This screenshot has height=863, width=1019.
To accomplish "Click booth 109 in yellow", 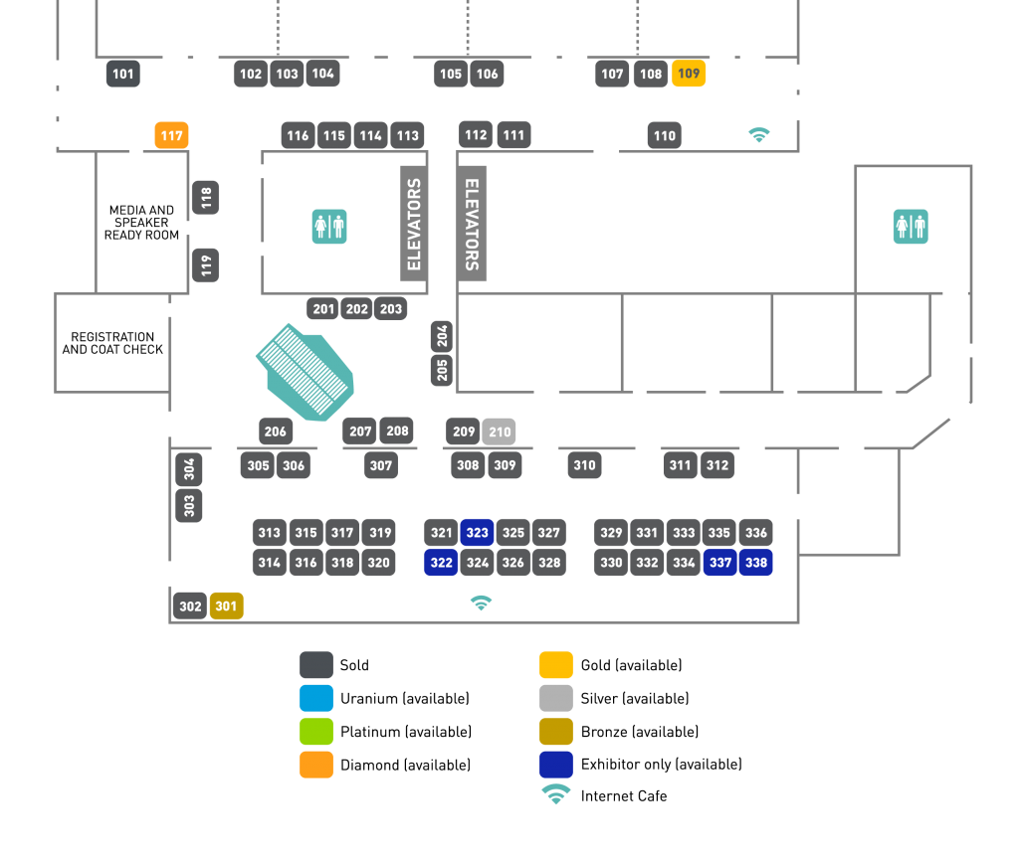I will coord(689,74).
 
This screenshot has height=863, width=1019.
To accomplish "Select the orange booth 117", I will coord(171,135).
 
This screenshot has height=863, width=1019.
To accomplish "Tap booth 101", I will coord(122,74).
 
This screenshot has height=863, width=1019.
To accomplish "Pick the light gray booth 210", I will coord(499,431).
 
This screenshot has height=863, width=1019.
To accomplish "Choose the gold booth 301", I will coord(226,605).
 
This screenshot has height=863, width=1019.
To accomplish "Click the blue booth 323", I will coord(477,533).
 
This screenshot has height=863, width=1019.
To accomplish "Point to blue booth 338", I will coord(755,563).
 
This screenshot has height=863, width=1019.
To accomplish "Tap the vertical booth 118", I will coord(206,198).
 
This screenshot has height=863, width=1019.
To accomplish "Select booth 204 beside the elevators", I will coord(442,337).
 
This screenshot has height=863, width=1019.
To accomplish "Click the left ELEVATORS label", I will coord(414,224).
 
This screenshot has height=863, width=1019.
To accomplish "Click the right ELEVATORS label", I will coord(473,224).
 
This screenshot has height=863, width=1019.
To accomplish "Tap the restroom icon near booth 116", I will coord(328,227).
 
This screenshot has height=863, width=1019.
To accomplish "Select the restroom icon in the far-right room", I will coord(910,227).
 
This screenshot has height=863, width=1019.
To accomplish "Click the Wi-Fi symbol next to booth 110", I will coord(759,134).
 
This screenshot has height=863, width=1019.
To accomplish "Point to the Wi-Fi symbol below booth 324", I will coord(481,603).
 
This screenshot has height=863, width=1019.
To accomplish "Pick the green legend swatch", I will coord(316,732).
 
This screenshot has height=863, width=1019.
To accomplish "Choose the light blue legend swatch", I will coord(316,698).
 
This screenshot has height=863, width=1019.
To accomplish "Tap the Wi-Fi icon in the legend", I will coord(555,794).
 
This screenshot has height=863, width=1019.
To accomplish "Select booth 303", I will coord(189,505).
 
